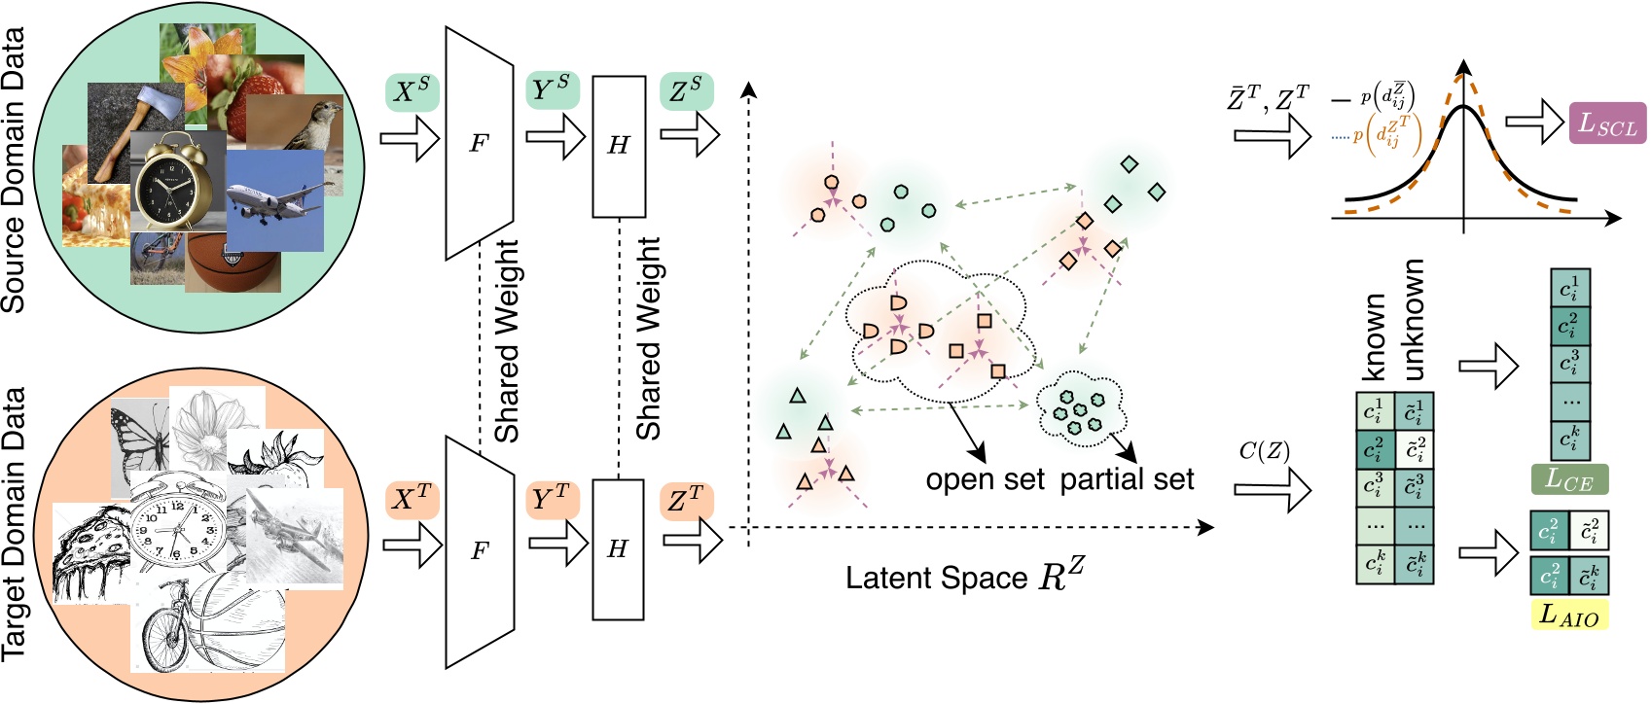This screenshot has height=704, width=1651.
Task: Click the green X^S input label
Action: coord(412,91)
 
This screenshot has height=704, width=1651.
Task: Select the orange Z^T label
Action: coord(686,500)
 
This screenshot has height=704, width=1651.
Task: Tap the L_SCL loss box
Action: coord(1607,123)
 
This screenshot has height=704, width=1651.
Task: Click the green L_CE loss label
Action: coord(1569,478)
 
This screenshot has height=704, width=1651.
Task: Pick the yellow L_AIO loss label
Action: coord(1569,615)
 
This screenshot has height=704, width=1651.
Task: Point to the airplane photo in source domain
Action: coord(275,201)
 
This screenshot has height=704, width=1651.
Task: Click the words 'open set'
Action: coord(985,479)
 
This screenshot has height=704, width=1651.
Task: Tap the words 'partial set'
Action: coord(1127,479)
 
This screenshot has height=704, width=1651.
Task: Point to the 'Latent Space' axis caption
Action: coord(963,578)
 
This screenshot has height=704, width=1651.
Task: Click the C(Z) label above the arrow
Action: coord(1264,451)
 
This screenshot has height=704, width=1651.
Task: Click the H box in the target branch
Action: coord(618,549)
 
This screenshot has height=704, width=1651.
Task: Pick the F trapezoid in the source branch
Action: coord(479,144)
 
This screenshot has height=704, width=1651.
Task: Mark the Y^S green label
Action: coord(552,89)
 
